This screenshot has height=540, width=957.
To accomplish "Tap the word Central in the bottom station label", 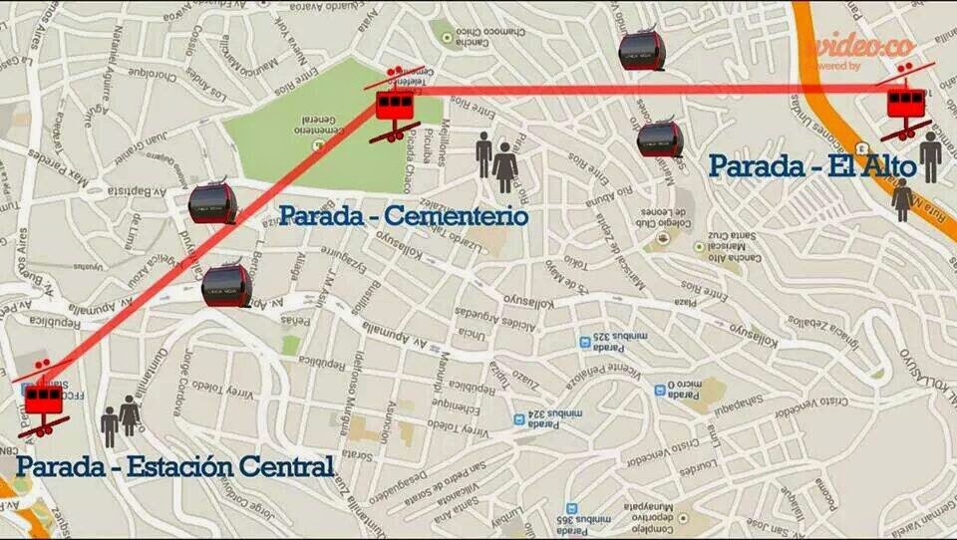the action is (281, 465).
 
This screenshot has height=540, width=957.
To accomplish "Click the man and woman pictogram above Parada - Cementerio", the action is (495, 161).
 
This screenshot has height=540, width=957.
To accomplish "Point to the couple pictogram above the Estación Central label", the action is (120, 418).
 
